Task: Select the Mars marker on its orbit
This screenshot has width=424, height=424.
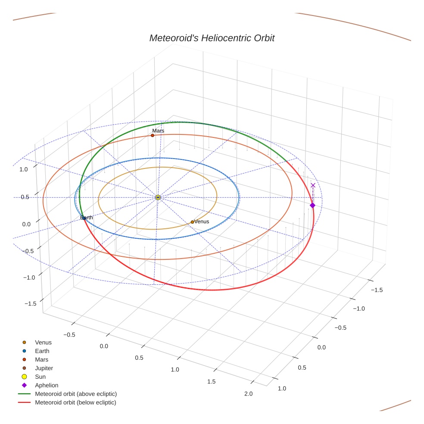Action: (153, 135)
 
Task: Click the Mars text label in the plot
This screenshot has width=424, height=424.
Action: (158, 131)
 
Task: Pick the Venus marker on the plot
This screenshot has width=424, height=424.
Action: (192, 222)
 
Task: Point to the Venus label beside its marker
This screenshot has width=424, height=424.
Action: (202, 221)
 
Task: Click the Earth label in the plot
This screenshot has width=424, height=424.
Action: (87, 218)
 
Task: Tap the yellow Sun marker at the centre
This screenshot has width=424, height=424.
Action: (158, 197)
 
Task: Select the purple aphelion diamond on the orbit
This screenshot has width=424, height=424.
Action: (312, 206)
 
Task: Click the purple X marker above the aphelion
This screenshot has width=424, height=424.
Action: (313, 185)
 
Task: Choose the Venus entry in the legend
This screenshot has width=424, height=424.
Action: (43, 343)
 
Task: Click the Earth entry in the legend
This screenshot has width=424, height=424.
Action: (42, 351)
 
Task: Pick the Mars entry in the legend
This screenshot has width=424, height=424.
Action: (41, 359)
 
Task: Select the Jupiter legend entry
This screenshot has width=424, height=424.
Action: (44, 368)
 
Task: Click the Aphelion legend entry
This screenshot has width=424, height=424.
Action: (47, 385)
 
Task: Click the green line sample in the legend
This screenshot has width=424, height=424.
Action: (24, 394)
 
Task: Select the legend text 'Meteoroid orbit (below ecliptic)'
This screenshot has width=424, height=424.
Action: (75, 402)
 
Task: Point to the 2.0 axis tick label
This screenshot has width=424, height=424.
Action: (248, 393)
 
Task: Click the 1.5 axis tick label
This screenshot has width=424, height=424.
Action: (212, 381)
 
